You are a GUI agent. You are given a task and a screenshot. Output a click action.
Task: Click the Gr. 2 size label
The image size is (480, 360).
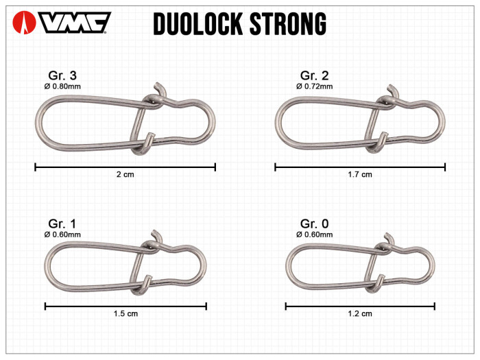click(x=315, y=75)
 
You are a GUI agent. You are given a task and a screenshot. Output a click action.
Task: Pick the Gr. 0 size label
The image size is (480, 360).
click(x=315, y=224)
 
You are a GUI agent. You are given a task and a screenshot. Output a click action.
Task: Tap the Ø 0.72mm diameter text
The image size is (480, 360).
click(x=315, y=86)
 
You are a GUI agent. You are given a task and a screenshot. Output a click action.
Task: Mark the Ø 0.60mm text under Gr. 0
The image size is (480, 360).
click(x=315, y=235)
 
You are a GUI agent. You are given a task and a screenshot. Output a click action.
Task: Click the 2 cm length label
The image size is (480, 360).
click(x=125, y=175)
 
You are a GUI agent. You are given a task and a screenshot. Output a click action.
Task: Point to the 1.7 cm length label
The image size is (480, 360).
click(x=360, y=175)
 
